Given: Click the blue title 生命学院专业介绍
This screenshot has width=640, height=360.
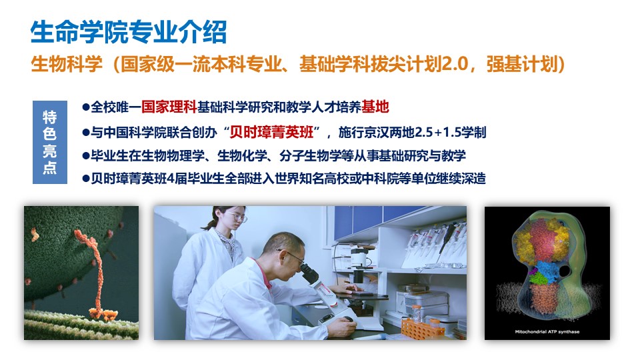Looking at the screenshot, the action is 129,32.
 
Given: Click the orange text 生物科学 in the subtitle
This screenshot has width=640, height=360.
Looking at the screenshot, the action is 67,64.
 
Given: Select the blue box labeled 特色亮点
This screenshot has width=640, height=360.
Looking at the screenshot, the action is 50,142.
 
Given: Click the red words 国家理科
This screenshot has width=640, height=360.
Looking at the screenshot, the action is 169,107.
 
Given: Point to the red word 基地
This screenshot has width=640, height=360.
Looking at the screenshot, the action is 375,107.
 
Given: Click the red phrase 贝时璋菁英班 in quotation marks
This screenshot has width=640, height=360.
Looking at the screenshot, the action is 271,132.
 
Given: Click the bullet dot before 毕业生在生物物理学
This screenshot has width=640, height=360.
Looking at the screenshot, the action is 86,155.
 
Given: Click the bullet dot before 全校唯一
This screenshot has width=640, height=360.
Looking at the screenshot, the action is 86,107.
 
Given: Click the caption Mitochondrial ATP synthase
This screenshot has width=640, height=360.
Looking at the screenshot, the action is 547,332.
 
